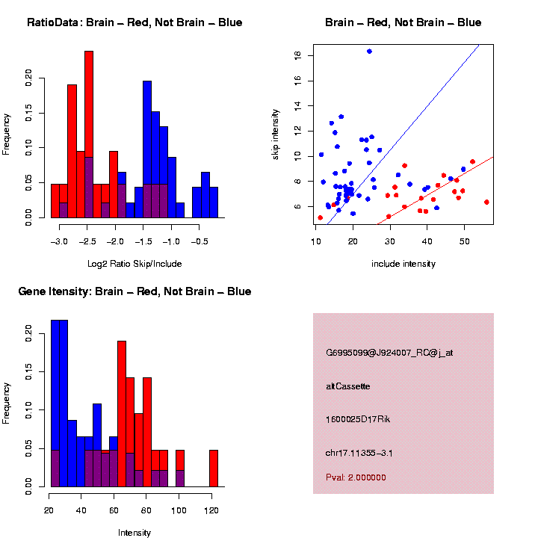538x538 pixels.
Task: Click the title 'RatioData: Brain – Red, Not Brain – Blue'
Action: tap(134, 22)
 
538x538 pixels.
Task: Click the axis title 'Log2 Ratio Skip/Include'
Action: tap(134, 264)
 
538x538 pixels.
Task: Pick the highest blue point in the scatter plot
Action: tap(369, 52)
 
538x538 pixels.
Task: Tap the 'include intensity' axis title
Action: tap(403, 264)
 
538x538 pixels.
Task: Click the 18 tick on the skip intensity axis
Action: tap(297, 55)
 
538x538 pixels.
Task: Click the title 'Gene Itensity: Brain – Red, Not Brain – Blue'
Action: tap(134, 291)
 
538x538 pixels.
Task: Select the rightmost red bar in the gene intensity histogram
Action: tap(214, 469)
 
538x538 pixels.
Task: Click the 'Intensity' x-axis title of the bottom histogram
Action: tap(134, 533)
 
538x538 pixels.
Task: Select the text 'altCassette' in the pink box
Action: tap(348, 386)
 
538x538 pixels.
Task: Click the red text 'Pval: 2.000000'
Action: tap(356, 477)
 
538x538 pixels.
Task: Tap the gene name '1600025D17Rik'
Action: tap(359, 419)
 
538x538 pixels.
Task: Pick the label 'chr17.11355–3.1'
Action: tap(359, 453)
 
